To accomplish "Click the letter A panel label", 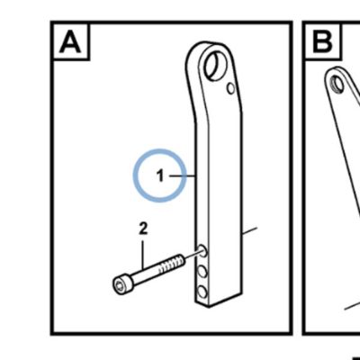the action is (70, 42).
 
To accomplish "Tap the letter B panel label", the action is (322, 42).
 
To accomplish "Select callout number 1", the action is (161, 175).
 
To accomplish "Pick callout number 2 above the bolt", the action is (143, 229).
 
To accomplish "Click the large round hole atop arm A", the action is (216, 66).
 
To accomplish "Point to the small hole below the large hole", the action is (230, 88).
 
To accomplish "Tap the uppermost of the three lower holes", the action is (202, 250).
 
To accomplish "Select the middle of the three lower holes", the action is (202, 272).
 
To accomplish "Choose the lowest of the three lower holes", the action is (202, 292).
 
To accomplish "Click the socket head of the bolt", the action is (122, 285).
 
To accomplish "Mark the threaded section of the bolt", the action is (171, 264).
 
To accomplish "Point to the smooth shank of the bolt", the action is (146, 274).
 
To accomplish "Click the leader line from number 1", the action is (183, 176).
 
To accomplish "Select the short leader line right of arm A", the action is (249, 231).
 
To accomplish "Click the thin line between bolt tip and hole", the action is (193, 254).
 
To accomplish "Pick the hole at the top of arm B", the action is (337, 84).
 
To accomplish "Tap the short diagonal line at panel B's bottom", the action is (352, 304).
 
